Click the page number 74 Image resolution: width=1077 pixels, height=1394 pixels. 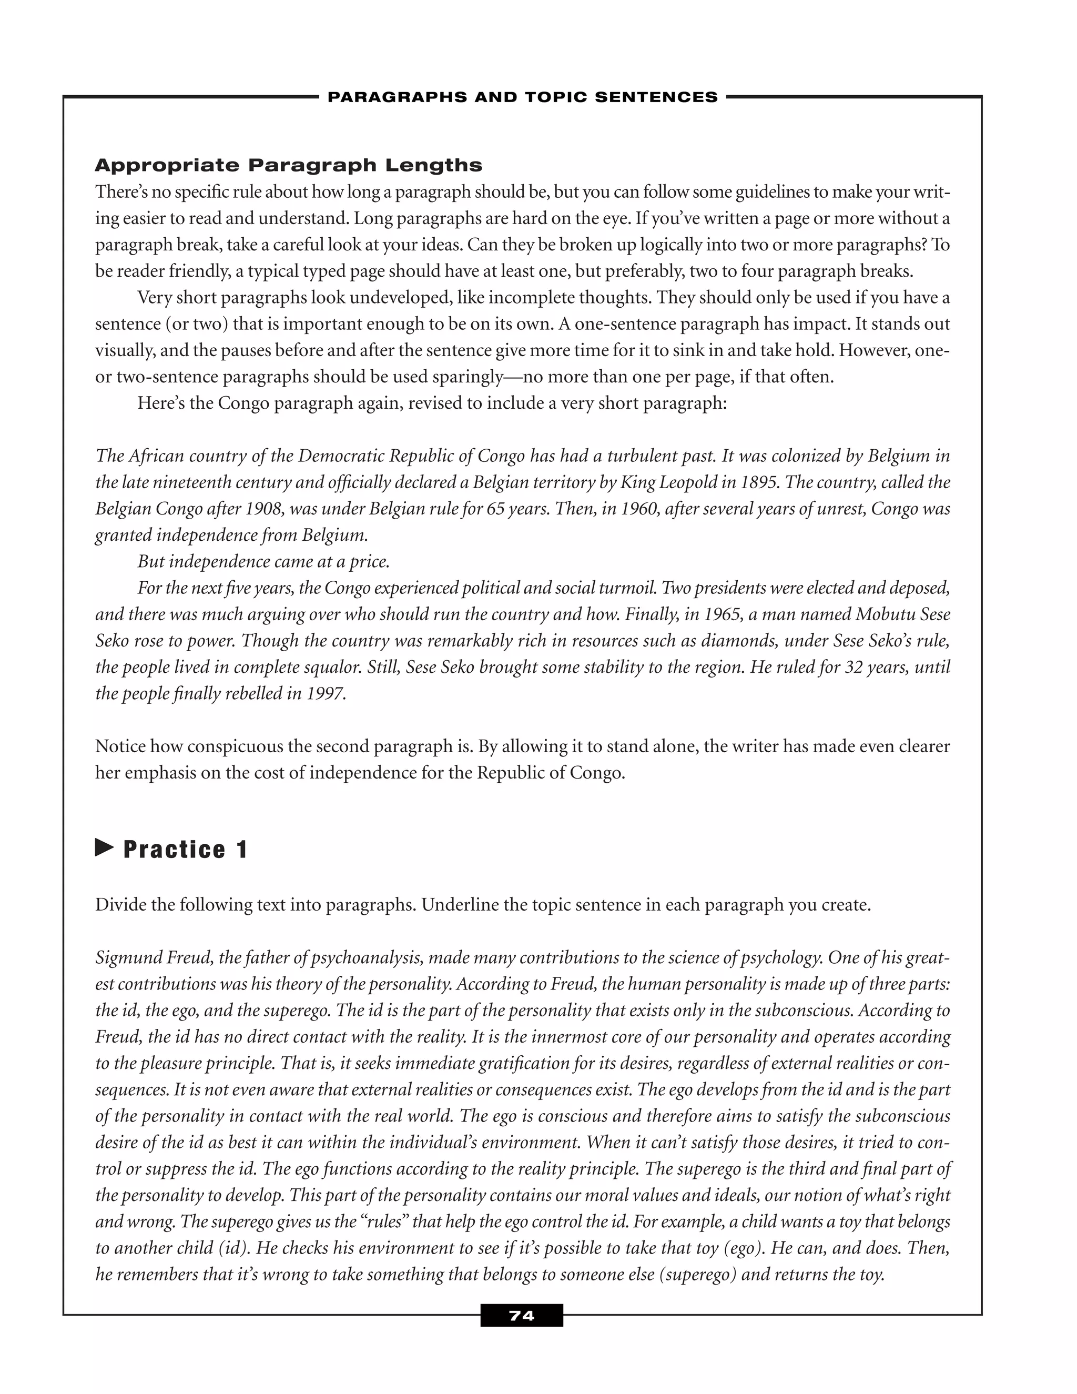click(521, 1316)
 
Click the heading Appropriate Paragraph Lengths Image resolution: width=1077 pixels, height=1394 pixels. click(288, 165)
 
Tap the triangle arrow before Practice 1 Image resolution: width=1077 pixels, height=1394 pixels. click(104, 848)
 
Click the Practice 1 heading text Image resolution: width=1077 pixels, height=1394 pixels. click(185, 850)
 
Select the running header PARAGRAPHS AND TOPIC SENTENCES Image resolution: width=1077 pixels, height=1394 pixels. click(522, 97)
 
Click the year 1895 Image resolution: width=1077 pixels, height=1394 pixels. click(759, 482)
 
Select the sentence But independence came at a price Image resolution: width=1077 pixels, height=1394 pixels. click(263, 562)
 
